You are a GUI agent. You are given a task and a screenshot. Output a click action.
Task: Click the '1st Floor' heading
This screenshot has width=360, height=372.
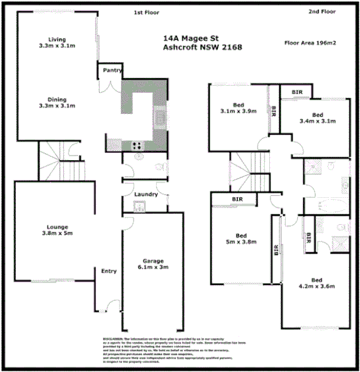point(146,12)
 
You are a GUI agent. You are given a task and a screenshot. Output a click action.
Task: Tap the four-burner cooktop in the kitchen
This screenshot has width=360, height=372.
point(136,145)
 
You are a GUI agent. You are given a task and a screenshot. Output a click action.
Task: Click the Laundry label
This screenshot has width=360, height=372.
point(146,193)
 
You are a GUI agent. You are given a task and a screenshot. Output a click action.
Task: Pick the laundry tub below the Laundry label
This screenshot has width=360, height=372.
point(138,206)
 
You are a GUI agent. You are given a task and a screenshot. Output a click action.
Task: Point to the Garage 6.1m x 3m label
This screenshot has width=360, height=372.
point(149,264)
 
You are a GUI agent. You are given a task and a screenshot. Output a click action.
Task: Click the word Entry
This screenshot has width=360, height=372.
point(109,271)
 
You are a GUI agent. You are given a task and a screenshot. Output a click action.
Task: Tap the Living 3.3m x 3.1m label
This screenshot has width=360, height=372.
point(57,42)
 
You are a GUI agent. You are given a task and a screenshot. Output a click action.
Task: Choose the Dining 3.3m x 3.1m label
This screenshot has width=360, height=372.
point(57,102)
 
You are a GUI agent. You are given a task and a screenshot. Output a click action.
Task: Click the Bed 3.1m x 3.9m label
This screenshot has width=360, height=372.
point(238,108)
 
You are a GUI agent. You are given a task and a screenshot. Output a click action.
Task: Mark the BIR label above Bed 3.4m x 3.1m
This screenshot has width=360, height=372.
point(297,92)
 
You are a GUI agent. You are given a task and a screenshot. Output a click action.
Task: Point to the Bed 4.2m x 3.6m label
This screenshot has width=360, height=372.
point(318,282)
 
